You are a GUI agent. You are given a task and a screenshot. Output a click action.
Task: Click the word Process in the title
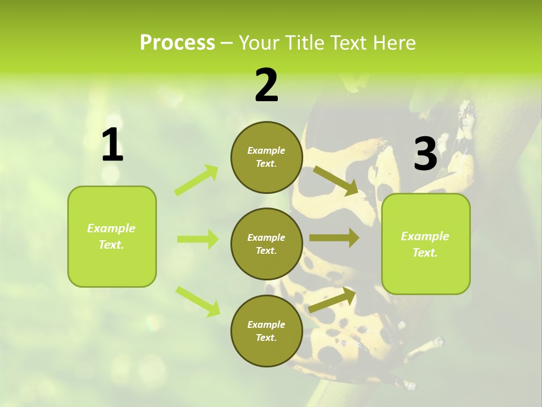[x=177, y=43]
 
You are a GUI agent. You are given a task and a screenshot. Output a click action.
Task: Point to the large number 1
[x=112, y=145]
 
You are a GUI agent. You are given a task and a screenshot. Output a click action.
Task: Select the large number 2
[x=266, y=85]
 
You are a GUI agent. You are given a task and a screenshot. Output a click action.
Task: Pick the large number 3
[x=425, y=154]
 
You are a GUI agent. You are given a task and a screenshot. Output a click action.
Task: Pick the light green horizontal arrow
[x=198, y=239]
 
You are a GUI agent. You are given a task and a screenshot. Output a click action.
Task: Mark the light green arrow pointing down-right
[x=198, y=301]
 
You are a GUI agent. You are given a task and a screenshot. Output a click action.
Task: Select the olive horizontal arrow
[x=334, y=238]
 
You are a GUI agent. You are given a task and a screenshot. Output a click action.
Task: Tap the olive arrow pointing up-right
[x=333, y=300]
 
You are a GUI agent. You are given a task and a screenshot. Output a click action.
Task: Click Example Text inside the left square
[x=111, y=236]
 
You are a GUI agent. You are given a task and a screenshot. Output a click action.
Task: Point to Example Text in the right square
[x=425, y=244]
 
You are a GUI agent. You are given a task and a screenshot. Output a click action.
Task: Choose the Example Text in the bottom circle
[x=266, y=331]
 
